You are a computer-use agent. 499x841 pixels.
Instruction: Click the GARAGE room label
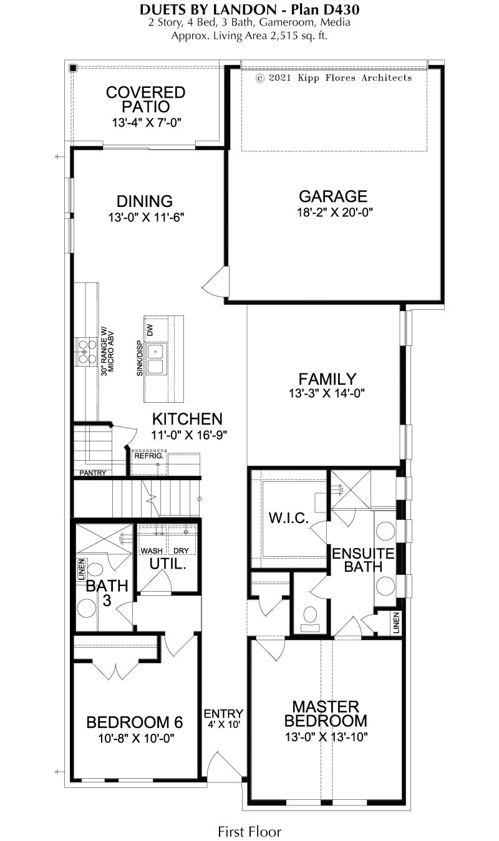point(333,196)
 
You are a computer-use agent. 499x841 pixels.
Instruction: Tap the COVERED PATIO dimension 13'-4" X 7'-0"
point(147,122)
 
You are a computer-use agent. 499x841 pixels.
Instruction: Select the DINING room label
point(145,201)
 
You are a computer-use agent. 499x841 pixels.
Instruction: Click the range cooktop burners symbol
point(87,352)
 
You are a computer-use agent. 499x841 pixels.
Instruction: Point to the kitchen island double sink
point(155,359)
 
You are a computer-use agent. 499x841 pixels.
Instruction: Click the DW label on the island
point(150,330)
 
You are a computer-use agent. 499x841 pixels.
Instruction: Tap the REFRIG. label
point(149,456)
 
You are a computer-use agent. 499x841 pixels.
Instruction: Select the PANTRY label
point(93,473)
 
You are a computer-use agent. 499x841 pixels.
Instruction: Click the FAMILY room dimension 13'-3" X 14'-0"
point(327,393)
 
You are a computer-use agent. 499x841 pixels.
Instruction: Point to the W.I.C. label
point(289,518)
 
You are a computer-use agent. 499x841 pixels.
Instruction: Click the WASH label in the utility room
point(152,550)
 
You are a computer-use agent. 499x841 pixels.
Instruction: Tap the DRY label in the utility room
point(181,550)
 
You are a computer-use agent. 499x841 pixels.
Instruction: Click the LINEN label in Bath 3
point(81,569)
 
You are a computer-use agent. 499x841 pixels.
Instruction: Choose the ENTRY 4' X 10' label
point(223,718)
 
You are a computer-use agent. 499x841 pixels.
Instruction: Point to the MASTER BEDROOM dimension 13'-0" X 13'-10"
point(326,737)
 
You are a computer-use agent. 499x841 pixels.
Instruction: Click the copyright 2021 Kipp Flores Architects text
point(334,78)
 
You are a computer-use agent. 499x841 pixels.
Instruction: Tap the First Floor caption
point(249,832)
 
